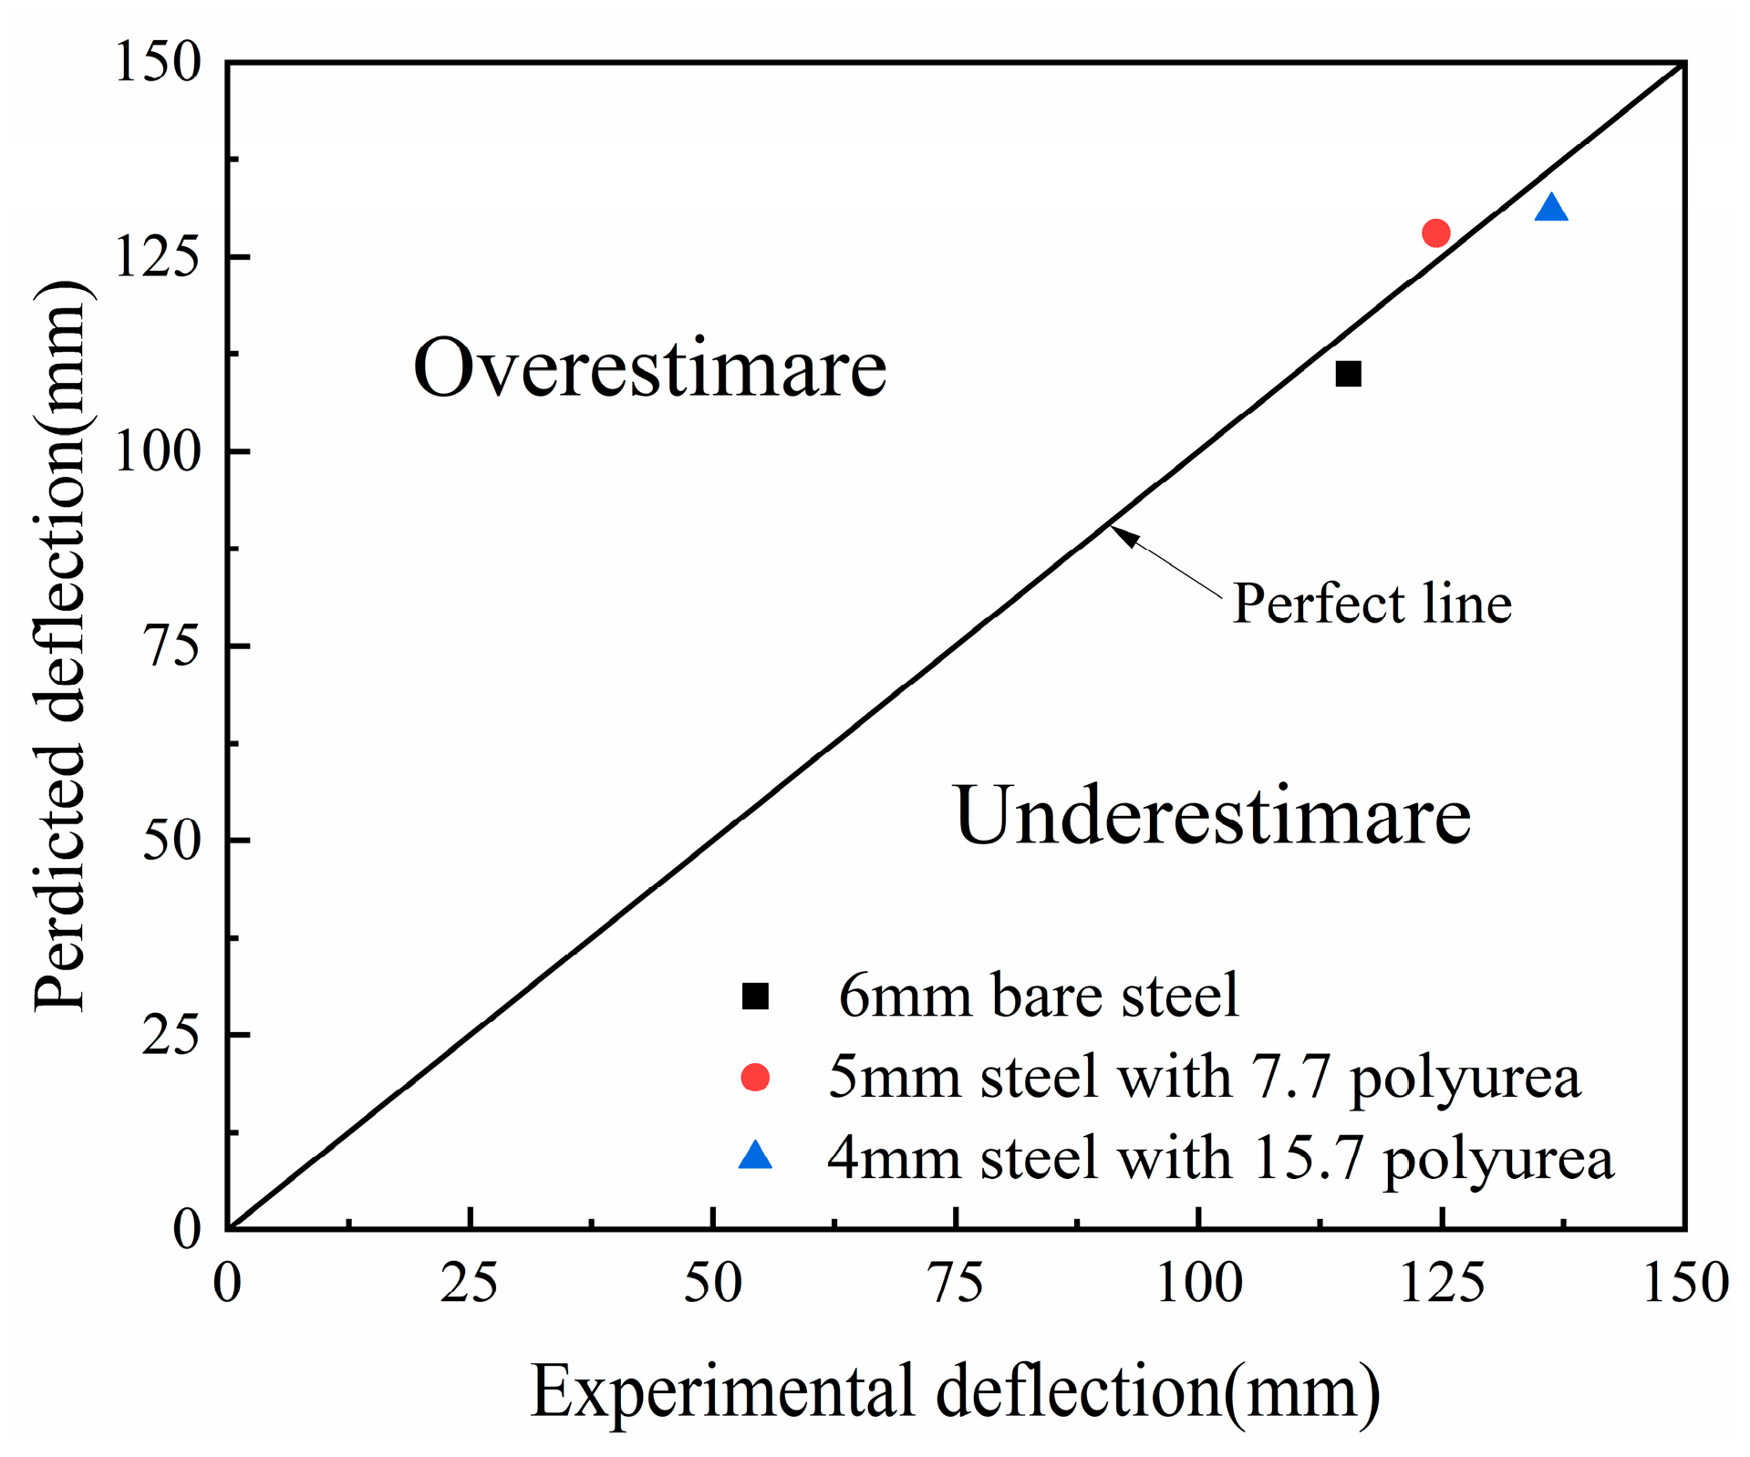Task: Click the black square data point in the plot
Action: pos(1348,374)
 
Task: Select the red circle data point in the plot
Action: pos(1435,233)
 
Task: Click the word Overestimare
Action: pos(649,368)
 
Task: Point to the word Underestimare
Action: pos(1212,815)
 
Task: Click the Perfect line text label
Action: pos(1372,604)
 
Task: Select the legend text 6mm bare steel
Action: pos(1038,996)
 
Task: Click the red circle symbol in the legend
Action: pos(755,1077)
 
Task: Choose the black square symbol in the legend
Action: pos(755,996)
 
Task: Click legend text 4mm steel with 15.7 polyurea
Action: pos(1220,1159)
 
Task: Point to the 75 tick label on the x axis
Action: pos(955,1283)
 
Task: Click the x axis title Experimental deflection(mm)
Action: pos(955,1391)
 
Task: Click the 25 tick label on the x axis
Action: pos(469,1283)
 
